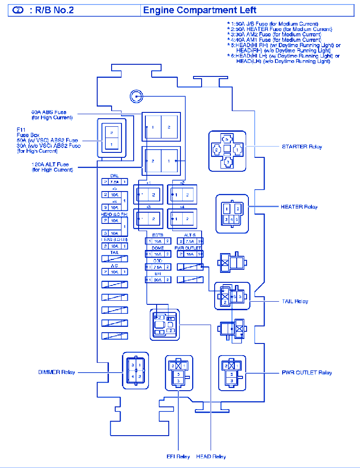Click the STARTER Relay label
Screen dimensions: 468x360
pyautogui.click(x=302, y=147)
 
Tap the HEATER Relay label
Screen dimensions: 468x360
pyautogui.click(x=299, y=207)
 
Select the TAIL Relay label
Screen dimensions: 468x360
pyautogui.click(x=295, y=301)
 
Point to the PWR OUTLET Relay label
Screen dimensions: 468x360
pyautogui.click(x=307, y=373)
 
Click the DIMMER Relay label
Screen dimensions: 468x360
pyautogui.click(x=57, y=372)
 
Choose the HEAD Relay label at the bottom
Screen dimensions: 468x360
pyautogui.click(x=211, y=457)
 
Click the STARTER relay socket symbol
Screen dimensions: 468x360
pyautogui.click(x=227, y=151)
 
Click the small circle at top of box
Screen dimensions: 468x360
pyautogui.click(x=136, y=96)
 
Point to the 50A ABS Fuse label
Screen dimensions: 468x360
pyautogui.click(x=52, y=115)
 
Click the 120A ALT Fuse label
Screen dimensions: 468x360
pyautogui.click(x=52, y=167)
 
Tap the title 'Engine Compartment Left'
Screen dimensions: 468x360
pyautogui.click(x=200, y=10)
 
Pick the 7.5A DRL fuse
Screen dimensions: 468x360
pyautogui.click(x=114, y=182)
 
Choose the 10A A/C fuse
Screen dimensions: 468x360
pyautogui.click(x=114, y=272)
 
